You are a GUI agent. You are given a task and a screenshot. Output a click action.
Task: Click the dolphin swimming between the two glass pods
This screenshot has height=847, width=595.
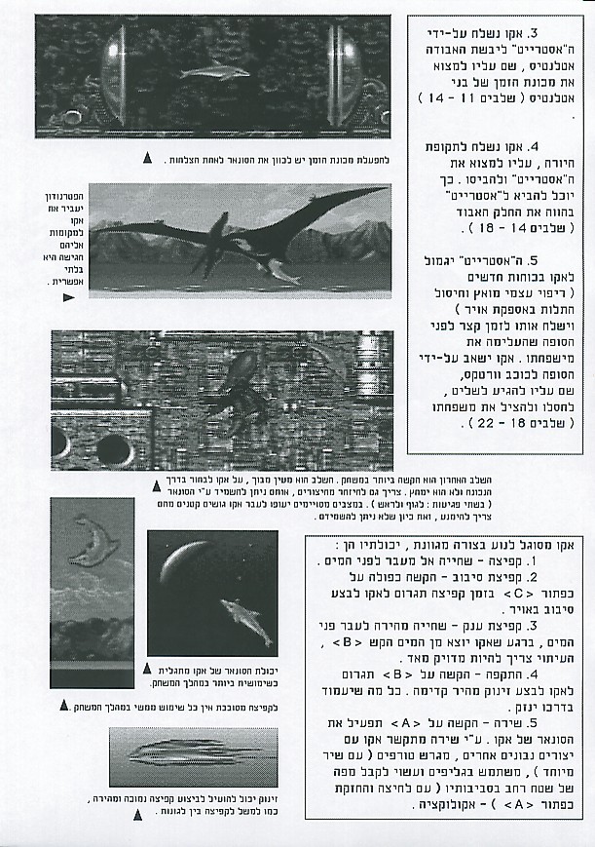point(214,70)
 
